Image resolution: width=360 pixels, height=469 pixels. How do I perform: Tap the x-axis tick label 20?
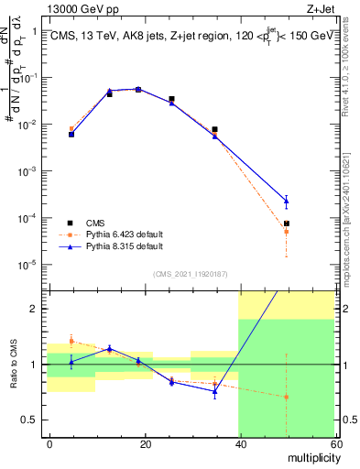tap(145, 443)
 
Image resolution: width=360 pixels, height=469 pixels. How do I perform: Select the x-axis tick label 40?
tap(239, 443)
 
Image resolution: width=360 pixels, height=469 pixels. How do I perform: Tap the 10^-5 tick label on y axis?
tap(27, 265)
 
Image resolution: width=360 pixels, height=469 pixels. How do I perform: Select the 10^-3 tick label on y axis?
tap(27, 171)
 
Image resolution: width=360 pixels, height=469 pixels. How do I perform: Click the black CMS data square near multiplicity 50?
tap(287, 224)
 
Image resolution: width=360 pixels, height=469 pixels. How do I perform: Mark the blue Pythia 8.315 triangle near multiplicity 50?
tap(287, 201)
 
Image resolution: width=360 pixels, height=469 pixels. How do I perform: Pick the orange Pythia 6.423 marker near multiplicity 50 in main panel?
tap(287, 232)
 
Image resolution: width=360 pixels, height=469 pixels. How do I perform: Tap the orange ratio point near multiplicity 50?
tap(287, 397)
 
